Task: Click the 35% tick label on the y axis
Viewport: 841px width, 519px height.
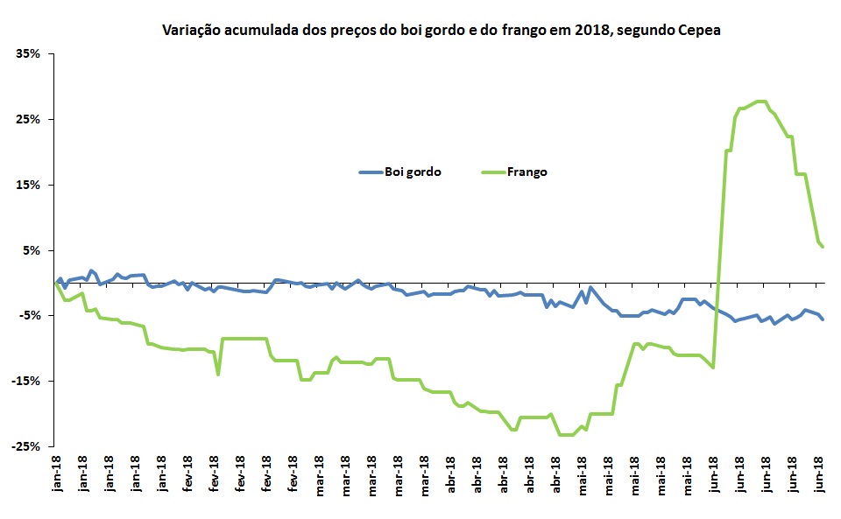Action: coord(28,53)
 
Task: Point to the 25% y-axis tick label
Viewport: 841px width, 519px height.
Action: coord(28,119)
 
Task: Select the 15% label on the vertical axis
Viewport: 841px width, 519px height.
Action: coord(28,185)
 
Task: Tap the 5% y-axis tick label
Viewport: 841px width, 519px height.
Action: coord(32,250)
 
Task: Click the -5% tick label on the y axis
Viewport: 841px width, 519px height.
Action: coord(30,315)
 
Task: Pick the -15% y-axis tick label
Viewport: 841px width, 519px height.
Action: coord(26,381)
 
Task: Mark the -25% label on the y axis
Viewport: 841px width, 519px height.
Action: coord(26,446)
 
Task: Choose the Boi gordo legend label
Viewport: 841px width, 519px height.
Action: coord(413,172)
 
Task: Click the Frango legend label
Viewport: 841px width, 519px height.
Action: coord(527,172)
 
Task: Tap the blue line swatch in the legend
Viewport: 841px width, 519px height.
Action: coord(371,172)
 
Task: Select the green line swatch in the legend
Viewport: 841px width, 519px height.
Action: coord(493,172)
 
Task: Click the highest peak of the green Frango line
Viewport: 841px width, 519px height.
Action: coord(760,102)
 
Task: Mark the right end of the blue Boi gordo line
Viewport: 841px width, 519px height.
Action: coord(823,319)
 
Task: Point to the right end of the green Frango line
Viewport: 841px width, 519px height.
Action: coord(823,247)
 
